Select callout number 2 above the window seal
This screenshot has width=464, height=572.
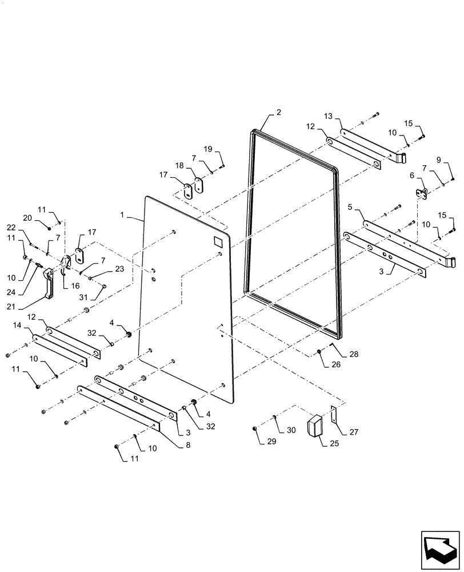278,113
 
